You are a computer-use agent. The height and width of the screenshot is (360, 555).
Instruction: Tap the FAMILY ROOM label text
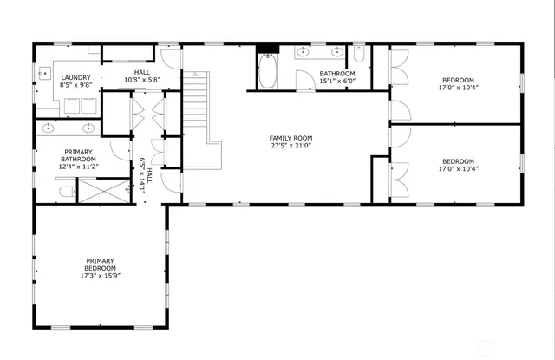coord(291,138)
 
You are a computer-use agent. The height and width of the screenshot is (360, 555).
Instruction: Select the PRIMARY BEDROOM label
coord(100,265)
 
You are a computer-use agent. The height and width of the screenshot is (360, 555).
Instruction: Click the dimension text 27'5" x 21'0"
coord(291,146)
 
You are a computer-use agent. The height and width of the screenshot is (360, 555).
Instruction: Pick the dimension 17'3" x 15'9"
coord(100,277)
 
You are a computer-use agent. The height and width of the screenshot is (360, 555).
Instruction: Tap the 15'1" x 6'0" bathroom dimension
coord(336,82)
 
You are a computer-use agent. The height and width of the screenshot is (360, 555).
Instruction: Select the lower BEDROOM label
coord(458,160)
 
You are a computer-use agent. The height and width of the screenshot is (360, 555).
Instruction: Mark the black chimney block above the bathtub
coord(268,49)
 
